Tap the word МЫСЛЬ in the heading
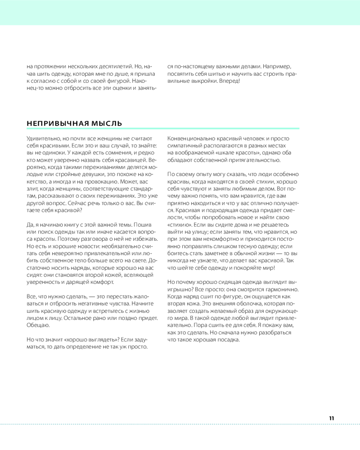coord(106,123)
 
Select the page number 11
coord(331,418)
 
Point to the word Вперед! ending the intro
coord(230,81)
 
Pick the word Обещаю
coord(38,325)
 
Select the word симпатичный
coord(184,146)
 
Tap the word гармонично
coord(279,289)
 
